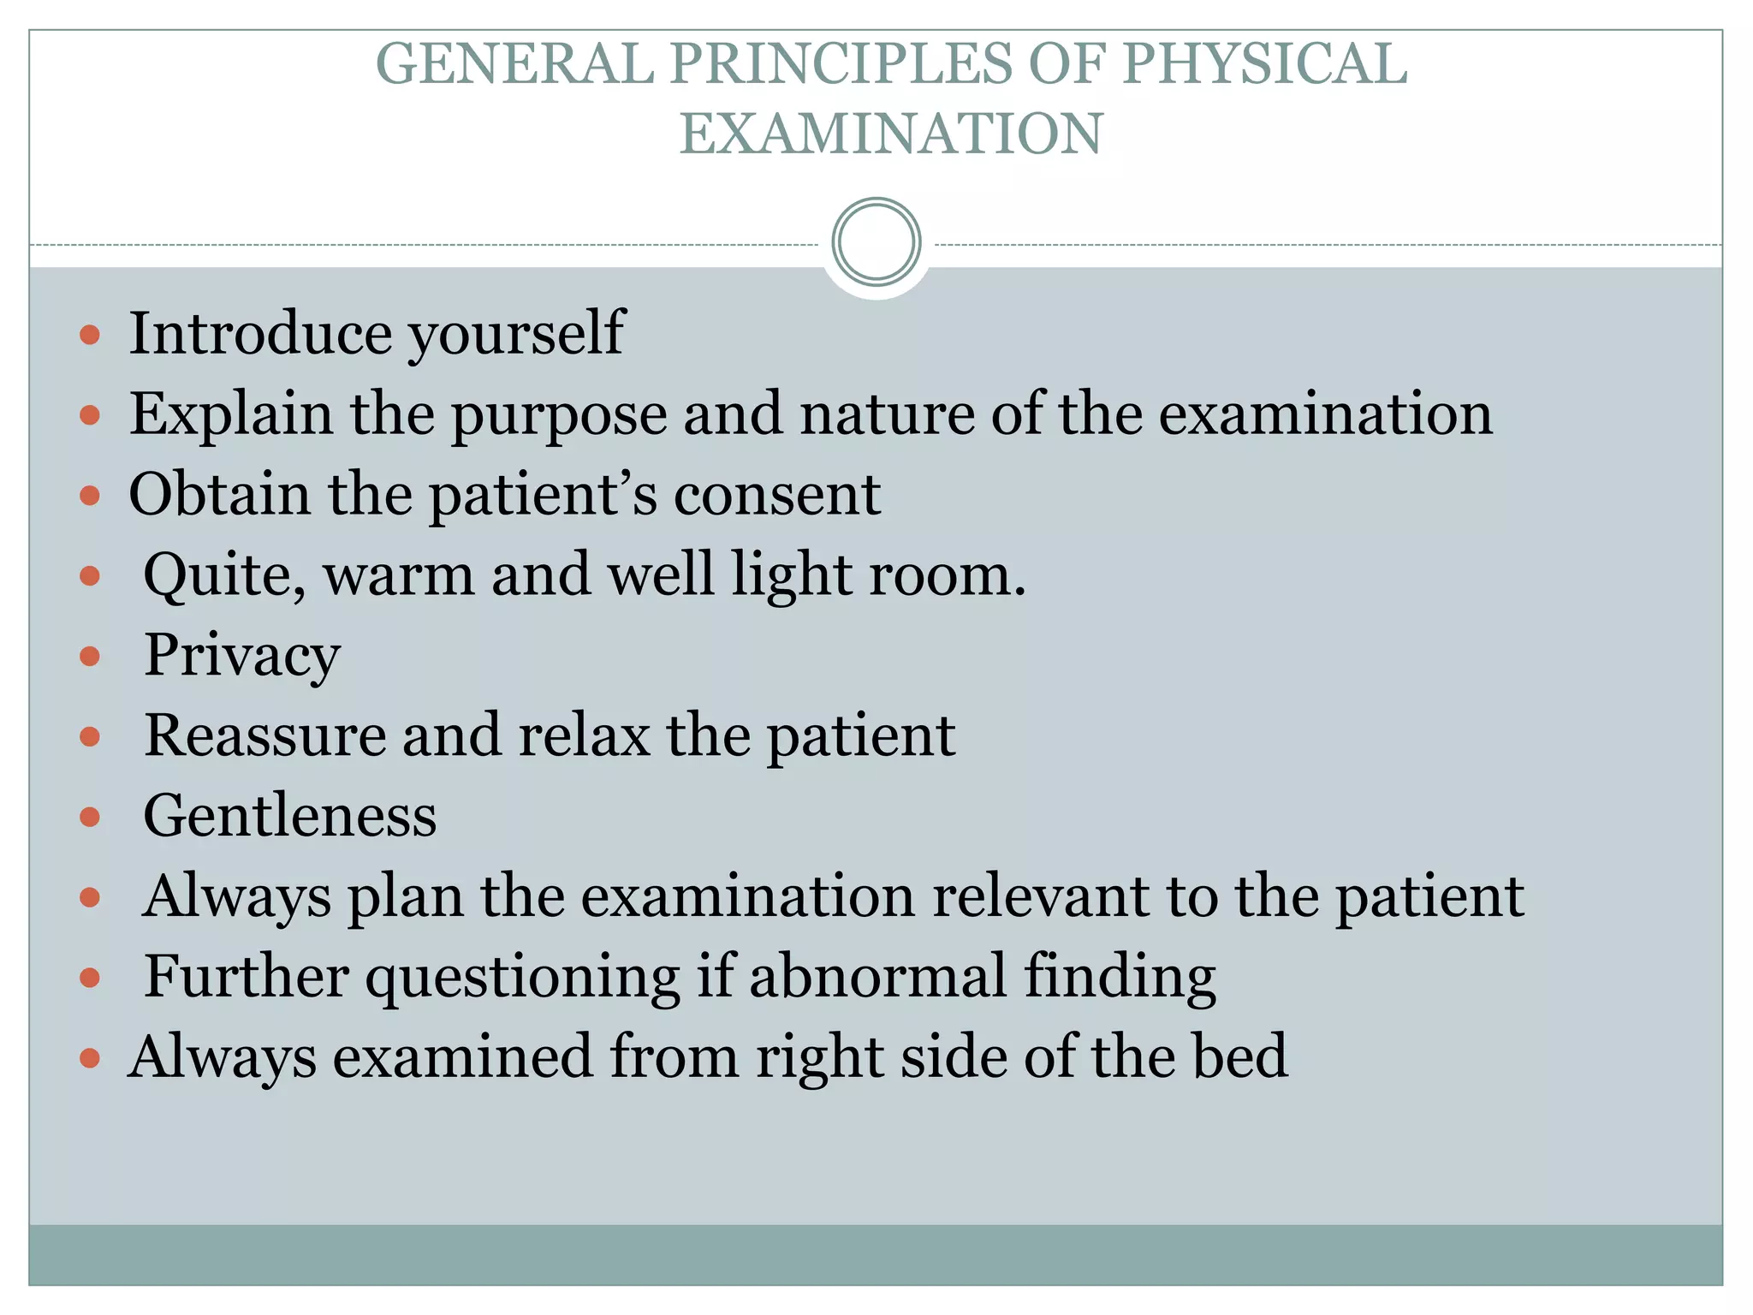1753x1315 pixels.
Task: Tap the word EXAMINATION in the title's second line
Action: tap(891, 134)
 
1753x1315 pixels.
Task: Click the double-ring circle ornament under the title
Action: tap(876, 242)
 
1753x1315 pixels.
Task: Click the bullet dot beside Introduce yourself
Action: tap(90, 334)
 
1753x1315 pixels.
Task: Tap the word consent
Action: tap(777, 495)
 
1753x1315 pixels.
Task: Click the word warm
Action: tap(398, 575)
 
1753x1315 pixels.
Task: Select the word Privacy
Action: tap(242, 657)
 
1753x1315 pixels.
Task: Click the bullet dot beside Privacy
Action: tap(90, 657)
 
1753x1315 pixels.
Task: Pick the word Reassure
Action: tap(264, 735)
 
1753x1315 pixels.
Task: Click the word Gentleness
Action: tap(290, 816)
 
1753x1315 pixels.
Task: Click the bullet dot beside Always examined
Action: tap(90, 1058)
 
